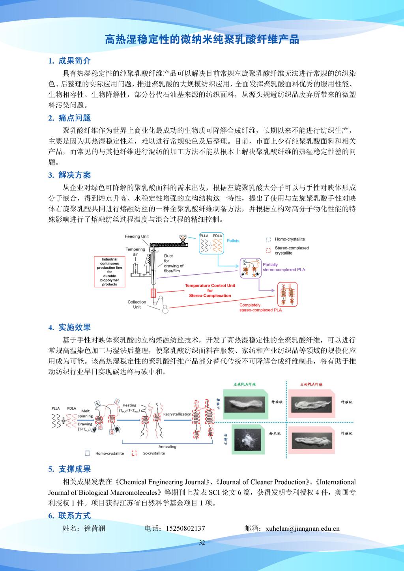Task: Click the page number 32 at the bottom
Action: [202, 543]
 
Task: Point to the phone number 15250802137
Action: [186, 529]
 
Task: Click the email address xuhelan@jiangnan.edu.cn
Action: [303, 529]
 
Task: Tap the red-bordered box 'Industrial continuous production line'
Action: [109, 272]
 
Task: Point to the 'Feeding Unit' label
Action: [137, 236]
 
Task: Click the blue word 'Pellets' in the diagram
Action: [233, 241]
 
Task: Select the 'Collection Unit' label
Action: [137, 304]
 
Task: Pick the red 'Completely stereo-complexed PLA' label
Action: [260, 307]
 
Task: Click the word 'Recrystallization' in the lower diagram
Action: [177, 414]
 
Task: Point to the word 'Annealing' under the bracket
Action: [167, 446]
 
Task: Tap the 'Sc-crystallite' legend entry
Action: [153, 453]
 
